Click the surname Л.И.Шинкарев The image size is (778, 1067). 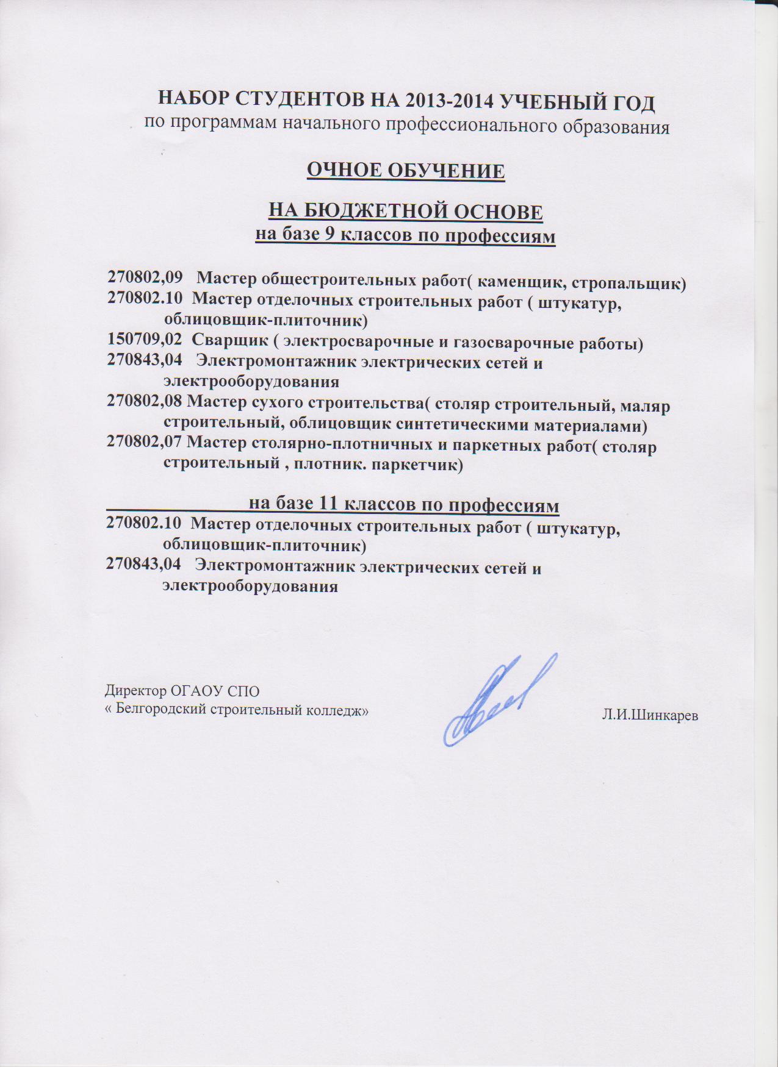(x=649, y=716)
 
